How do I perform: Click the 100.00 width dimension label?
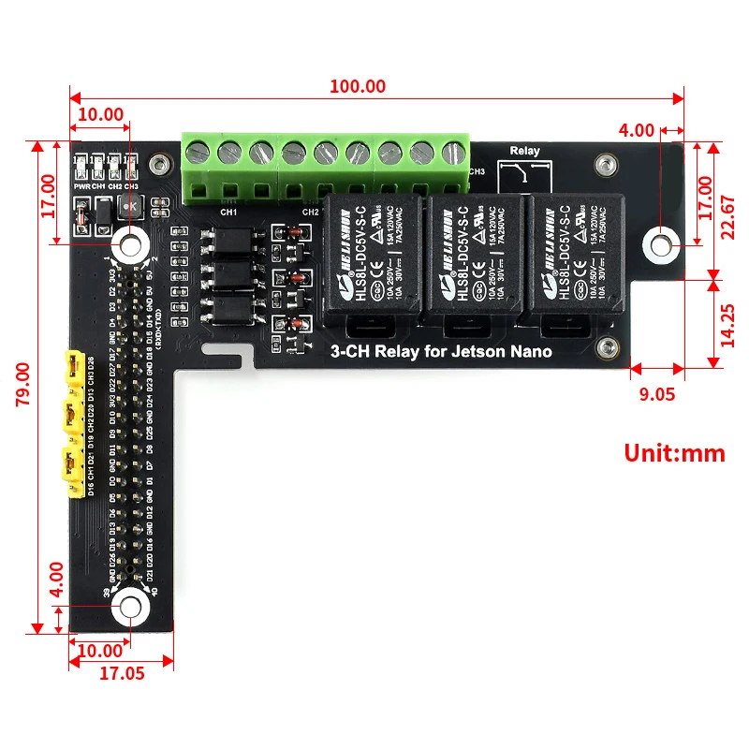357,86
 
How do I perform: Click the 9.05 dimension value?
656,394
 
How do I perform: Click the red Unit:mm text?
674,453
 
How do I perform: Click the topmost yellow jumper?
70,367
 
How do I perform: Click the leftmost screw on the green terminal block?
198,151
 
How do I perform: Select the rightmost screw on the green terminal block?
454,151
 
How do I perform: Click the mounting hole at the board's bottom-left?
128,607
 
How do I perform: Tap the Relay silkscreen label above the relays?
524,151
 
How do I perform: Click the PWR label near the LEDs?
81,185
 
